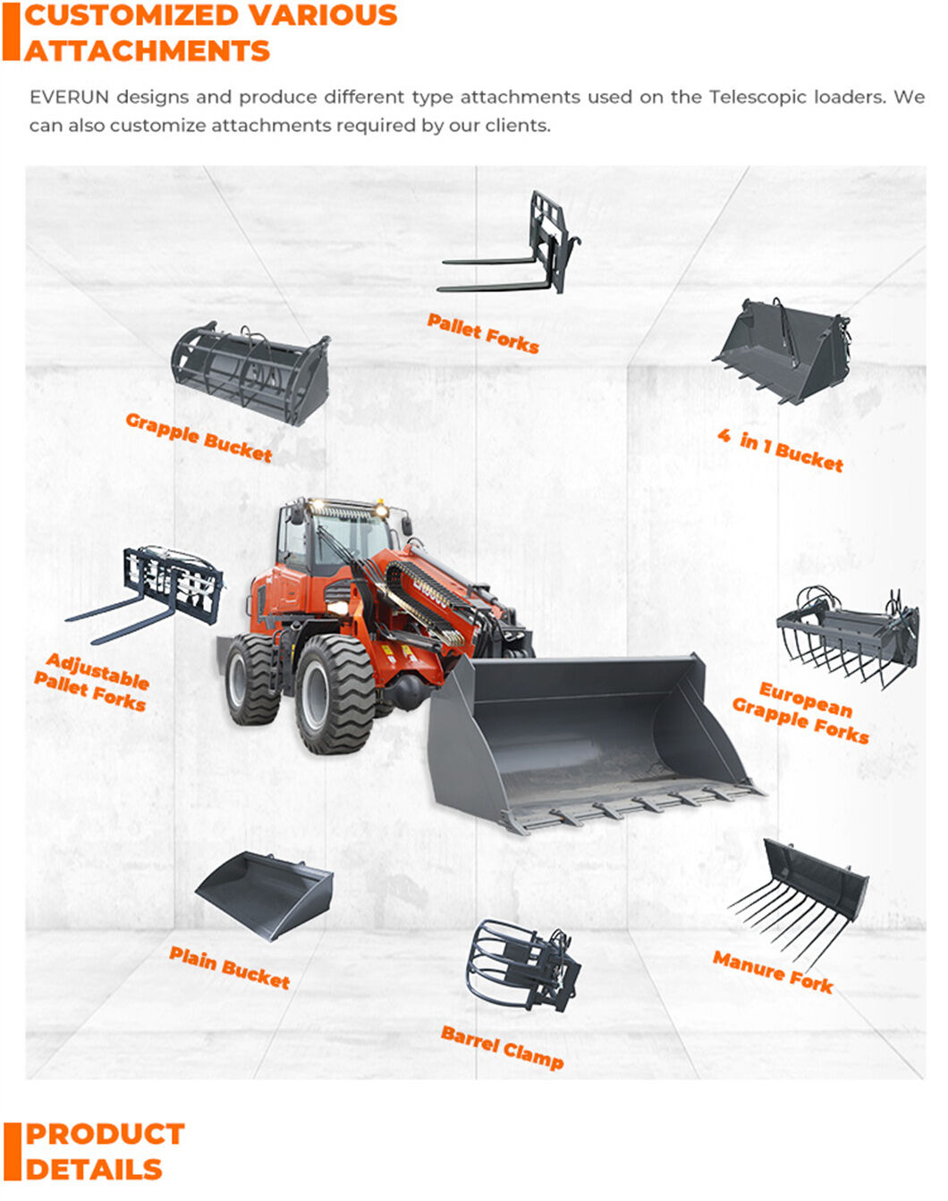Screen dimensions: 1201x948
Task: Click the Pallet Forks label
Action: [483, 333]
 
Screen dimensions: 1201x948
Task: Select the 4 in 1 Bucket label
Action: [781, 449]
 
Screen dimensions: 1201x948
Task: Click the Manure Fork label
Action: [773, 971]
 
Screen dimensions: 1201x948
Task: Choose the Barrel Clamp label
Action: [503, 1048]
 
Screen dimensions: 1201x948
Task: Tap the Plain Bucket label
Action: [230, 968]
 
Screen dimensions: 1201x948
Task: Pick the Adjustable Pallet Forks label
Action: [92, 682]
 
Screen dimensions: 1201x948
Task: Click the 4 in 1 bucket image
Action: [785, 351]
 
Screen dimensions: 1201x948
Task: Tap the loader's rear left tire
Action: [253, 679]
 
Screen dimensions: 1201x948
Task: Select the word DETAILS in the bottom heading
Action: [94, 1170]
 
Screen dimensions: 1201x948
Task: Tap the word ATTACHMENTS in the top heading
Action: [148, 51]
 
